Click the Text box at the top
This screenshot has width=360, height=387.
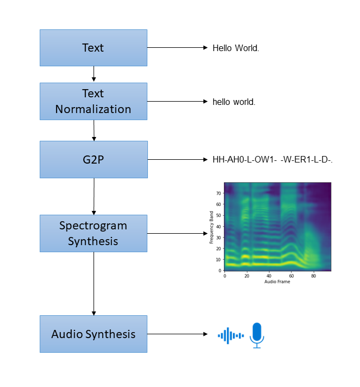coord(93,48)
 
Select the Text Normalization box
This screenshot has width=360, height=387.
coord(93,101)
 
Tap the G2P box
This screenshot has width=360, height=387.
coord(93,159)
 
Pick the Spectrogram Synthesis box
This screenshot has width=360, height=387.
coord(93,233)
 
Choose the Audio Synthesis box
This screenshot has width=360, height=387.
coord(93,334)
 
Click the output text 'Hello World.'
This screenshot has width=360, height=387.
coord(235,48)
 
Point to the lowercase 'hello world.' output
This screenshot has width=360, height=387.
coord(234,102)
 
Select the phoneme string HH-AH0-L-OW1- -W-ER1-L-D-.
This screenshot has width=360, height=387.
coord(272,160)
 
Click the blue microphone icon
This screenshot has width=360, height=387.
coord(257,335)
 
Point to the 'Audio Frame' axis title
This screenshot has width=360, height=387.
coord(277,282)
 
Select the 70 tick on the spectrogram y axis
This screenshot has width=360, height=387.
coord(219,193)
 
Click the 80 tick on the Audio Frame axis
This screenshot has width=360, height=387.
coord(313,276)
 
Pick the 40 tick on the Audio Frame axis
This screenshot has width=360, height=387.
coord(269,276)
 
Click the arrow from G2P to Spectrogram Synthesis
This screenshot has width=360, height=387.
coord(94,196)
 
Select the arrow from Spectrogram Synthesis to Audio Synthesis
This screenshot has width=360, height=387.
coord(94,283)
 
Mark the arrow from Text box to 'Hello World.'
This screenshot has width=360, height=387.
coord(177,48)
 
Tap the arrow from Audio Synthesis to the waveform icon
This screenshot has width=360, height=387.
coord(177,334)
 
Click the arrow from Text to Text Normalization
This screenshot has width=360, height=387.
coord(94,74)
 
